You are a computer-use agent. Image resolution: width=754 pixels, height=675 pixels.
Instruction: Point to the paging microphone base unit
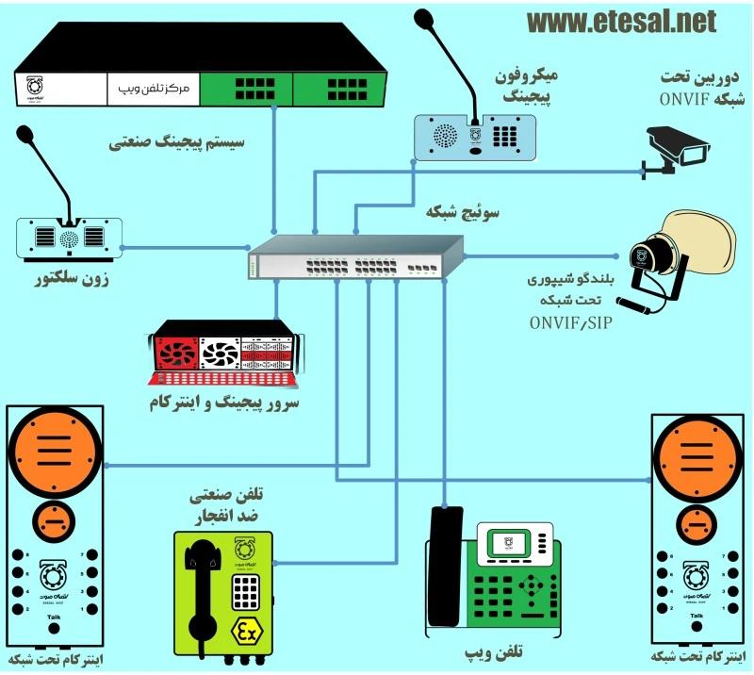click(475, 136)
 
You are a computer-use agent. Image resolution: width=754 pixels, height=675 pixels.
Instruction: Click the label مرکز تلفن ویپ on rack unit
click(152, 90)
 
